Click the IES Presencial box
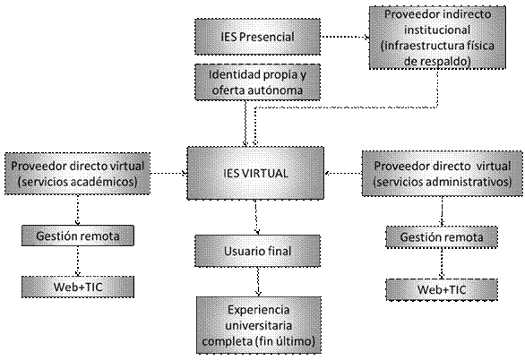[x=257, y=37]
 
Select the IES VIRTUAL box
[x=255, y=174]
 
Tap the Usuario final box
[x=257, y=251]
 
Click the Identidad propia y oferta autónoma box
[x=257, y=82]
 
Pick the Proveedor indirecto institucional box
[x=437, y=38]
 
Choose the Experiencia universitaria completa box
[x=259, y=325]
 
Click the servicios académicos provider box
[x=77, y=174]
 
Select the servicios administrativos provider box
[x=443, y=174]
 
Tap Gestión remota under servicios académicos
[x=78, y=236]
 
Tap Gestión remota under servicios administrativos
[x=442, y=237]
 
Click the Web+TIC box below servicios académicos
[x=78, y=287]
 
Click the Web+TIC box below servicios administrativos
[x=442, y=290]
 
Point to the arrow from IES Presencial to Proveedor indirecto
[x=345, y=37]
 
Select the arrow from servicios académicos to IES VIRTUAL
[x=168, y=174]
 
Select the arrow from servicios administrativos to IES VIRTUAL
[x=343, y=174]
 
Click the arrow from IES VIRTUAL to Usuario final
[x=256, y=218]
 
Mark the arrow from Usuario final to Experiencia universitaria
[x=258, y=282]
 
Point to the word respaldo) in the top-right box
[x=445, y=62]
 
